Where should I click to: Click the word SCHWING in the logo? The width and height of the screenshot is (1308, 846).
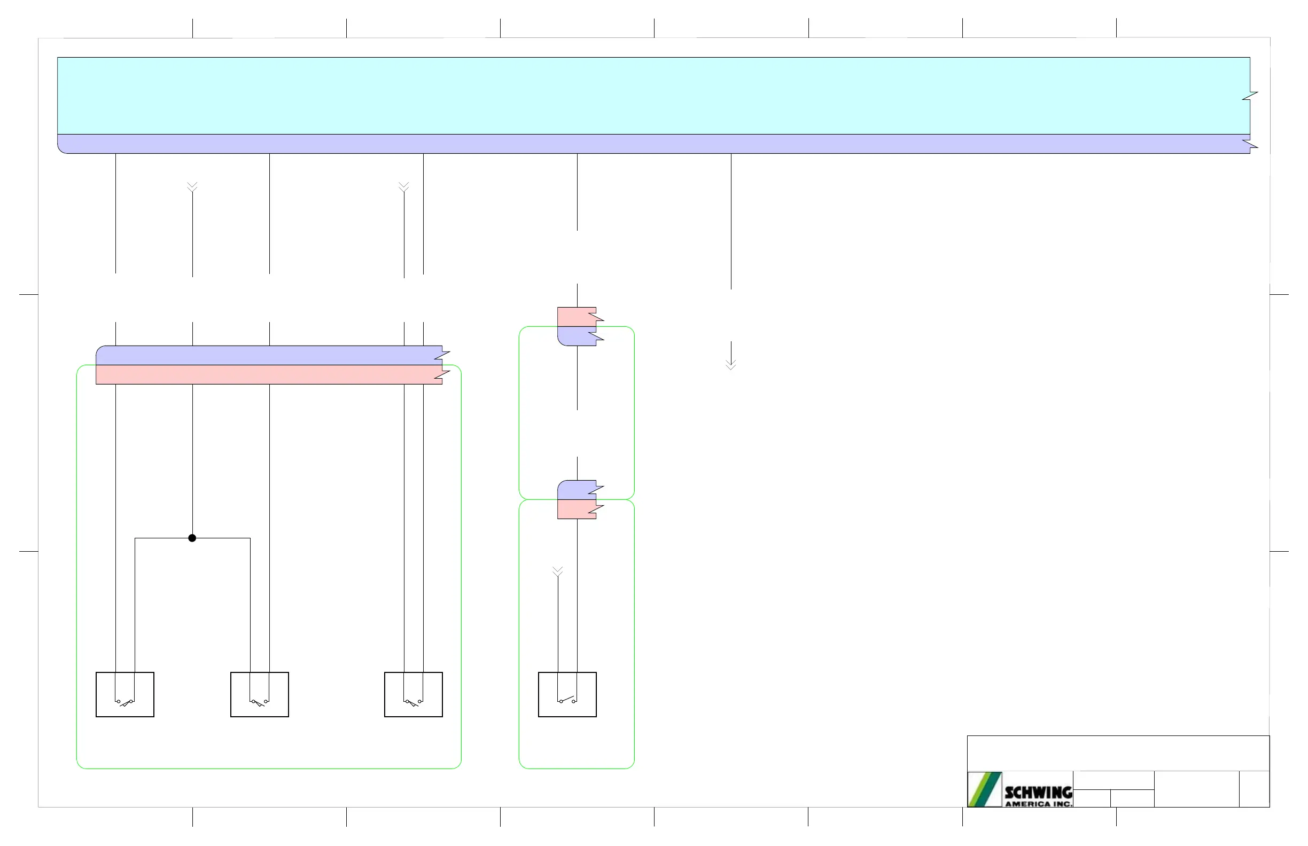coord(1038,792)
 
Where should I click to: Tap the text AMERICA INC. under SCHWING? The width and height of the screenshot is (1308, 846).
coord(1038,804)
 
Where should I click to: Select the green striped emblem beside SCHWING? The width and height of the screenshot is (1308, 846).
coord(985,789)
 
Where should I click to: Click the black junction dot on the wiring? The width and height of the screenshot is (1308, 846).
coord(192,538)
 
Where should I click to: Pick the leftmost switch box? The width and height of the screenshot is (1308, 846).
coord(124,694)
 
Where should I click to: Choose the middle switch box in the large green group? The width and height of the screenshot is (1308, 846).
coord(259,694)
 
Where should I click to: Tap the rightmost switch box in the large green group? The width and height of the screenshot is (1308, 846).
coord(413,694)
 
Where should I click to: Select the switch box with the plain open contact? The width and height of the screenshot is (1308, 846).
coord(567,694)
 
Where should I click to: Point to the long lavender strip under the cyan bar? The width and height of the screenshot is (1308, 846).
coord(649,144)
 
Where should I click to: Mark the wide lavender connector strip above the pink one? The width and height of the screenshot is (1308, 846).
coord(269,355)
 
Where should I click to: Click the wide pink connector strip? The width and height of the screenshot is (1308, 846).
coord(269,374)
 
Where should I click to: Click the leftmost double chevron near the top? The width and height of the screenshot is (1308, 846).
coord(192,187)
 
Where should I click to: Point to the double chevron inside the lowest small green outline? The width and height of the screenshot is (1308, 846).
coord(558,571)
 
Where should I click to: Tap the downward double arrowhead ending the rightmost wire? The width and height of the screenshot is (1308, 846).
coord(731,365)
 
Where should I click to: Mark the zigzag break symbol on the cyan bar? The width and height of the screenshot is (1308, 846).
coord(1250,96)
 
